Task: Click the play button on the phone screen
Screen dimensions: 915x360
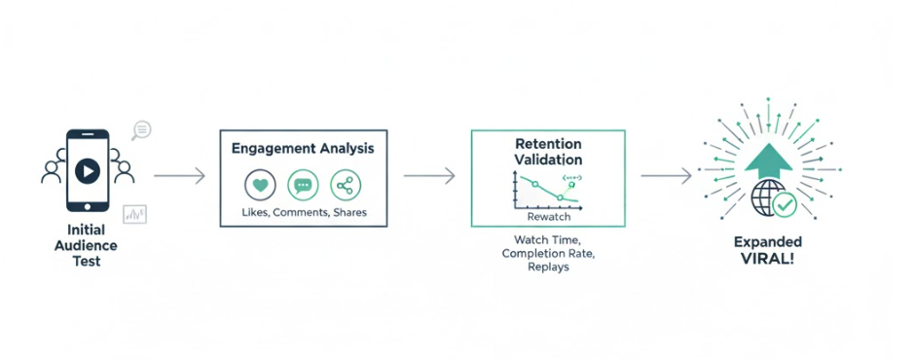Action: (88, 171)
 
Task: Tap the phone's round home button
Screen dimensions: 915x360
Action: (88, 206)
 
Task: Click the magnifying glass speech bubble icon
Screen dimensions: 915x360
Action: (141, 130)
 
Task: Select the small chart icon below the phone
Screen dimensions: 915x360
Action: (134, 214)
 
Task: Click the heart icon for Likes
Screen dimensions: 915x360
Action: (260, 185)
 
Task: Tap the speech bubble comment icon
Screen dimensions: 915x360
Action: (303, 185)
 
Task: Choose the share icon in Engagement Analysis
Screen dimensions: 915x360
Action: (346, 185)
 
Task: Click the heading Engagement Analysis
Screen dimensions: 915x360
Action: (303, 149)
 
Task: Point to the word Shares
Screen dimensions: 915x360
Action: (350, 212)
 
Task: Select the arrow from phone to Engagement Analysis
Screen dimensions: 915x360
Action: (179, 176)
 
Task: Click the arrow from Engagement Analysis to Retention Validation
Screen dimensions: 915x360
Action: (429, 176)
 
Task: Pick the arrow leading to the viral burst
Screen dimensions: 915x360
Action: (667, 176)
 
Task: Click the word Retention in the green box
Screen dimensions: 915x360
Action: (548, 144)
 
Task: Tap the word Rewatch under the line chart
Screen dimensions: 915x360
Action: (549, 217)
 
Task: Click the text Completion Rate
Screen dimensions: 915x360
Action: (549, 254)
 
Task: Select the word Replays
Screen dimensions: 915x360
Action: (549, 268)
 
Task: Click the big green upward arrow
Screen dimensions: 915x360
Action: (769, 162)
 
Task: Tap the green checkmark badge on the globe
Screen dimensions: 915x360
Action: (785, 204)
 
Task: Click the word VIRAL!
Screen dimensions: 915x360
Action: (767, 259)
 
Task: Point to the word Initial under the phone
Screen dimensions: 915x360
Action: (86, 230)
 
